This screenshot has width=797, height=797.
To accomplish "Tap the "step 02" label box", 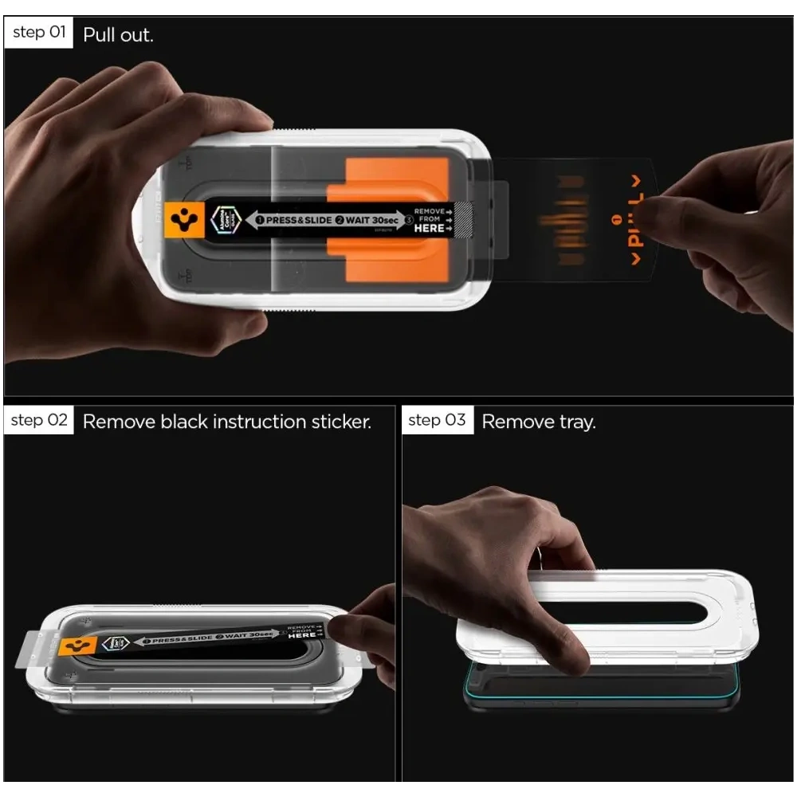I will click(x=39, y=420).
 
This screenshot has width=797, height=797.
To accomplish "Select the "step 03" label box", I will click(x=437, y=420).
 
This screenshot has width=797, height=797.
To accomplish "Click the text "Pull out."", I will click(x=118, y=35).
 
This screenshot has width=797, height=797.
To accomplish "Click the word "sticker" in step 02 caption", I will click(x=338, y=422).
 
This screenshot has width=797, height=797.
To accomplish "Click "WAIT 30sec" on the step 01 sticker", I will click(x=371, y=220).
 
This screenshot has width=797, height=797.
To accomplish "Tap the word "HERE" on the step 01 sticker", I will click(x=429, y=228).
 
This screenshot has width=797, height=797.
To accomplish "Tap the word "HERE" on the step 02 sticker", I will click(x=303, y=635).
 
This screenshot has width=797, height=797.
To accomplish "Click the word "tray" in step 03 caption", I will click(x=576, y=422).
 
